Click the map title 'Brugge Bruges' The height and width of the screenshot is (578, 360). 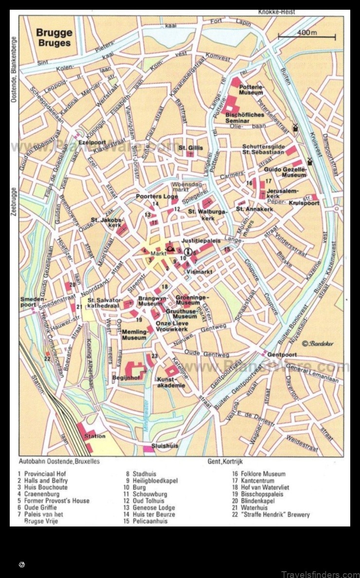coord(54,37)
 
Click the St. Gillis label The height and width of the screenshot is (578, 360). coord(191,147)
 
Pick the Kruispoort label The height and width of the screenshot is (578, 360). coord(304,203)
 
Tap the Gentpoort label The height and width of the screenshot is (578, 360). coord(282,355)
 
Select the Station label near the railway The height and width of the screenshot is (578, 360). coord(94,436)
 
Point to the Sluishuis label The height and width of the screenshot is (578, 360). coord(164,445)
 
